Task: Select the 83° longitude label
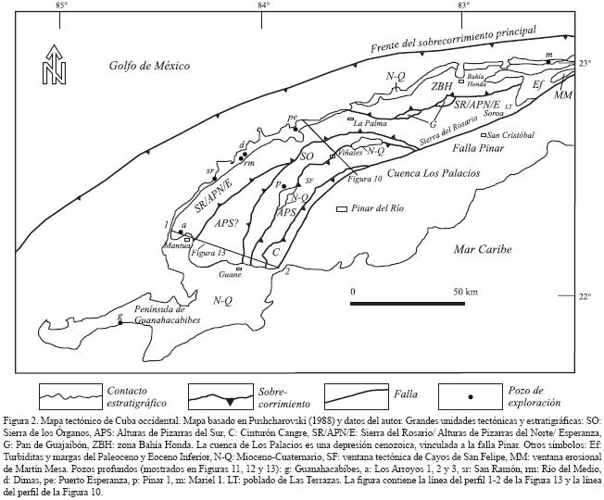coord(464,8)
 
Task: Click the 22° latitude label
coord(584,296)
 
